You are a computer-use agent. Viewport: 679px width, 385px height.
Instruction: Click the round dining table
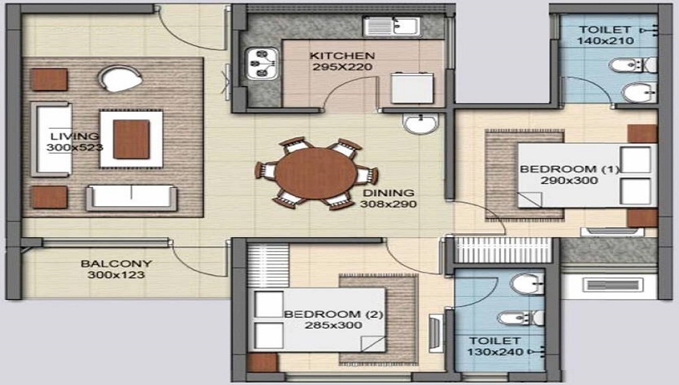[316, 173]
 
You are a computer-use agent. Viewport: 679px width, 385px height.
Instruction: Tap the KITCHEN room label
[342, 56]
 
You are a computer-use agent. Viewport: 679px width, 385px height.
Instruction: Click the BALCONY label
[116, 263]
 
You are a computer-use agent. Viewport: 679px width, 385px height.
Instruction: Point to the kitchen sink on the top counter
[392, 27]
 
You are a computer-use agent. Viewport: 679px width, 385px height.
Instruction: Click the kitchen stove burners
[261, 64]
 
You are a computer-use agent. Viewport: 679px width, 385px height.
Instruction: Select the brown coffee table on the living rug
[131, 139]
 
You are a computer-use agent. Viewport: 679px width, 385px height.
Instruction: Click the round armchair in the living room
[121, 78]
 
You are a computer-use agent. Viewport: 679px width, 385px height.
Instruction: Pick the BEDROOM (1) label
[570, 169]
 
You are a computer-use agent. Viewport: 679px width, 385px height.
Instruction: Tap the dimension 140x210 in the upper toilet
[606, 41]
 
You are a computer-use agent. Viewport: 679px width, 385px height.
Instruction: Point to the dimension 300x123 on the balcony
[116, 275]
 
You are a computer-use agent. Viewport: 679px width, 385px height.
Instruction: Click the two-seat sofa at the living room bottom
[131, 197]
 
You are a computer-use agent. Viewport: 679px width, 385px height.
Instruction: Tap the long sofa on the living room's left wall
[51, 139]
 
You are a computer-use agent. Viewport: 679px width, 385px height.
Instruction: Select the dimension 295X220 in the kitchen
[342, 67]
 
